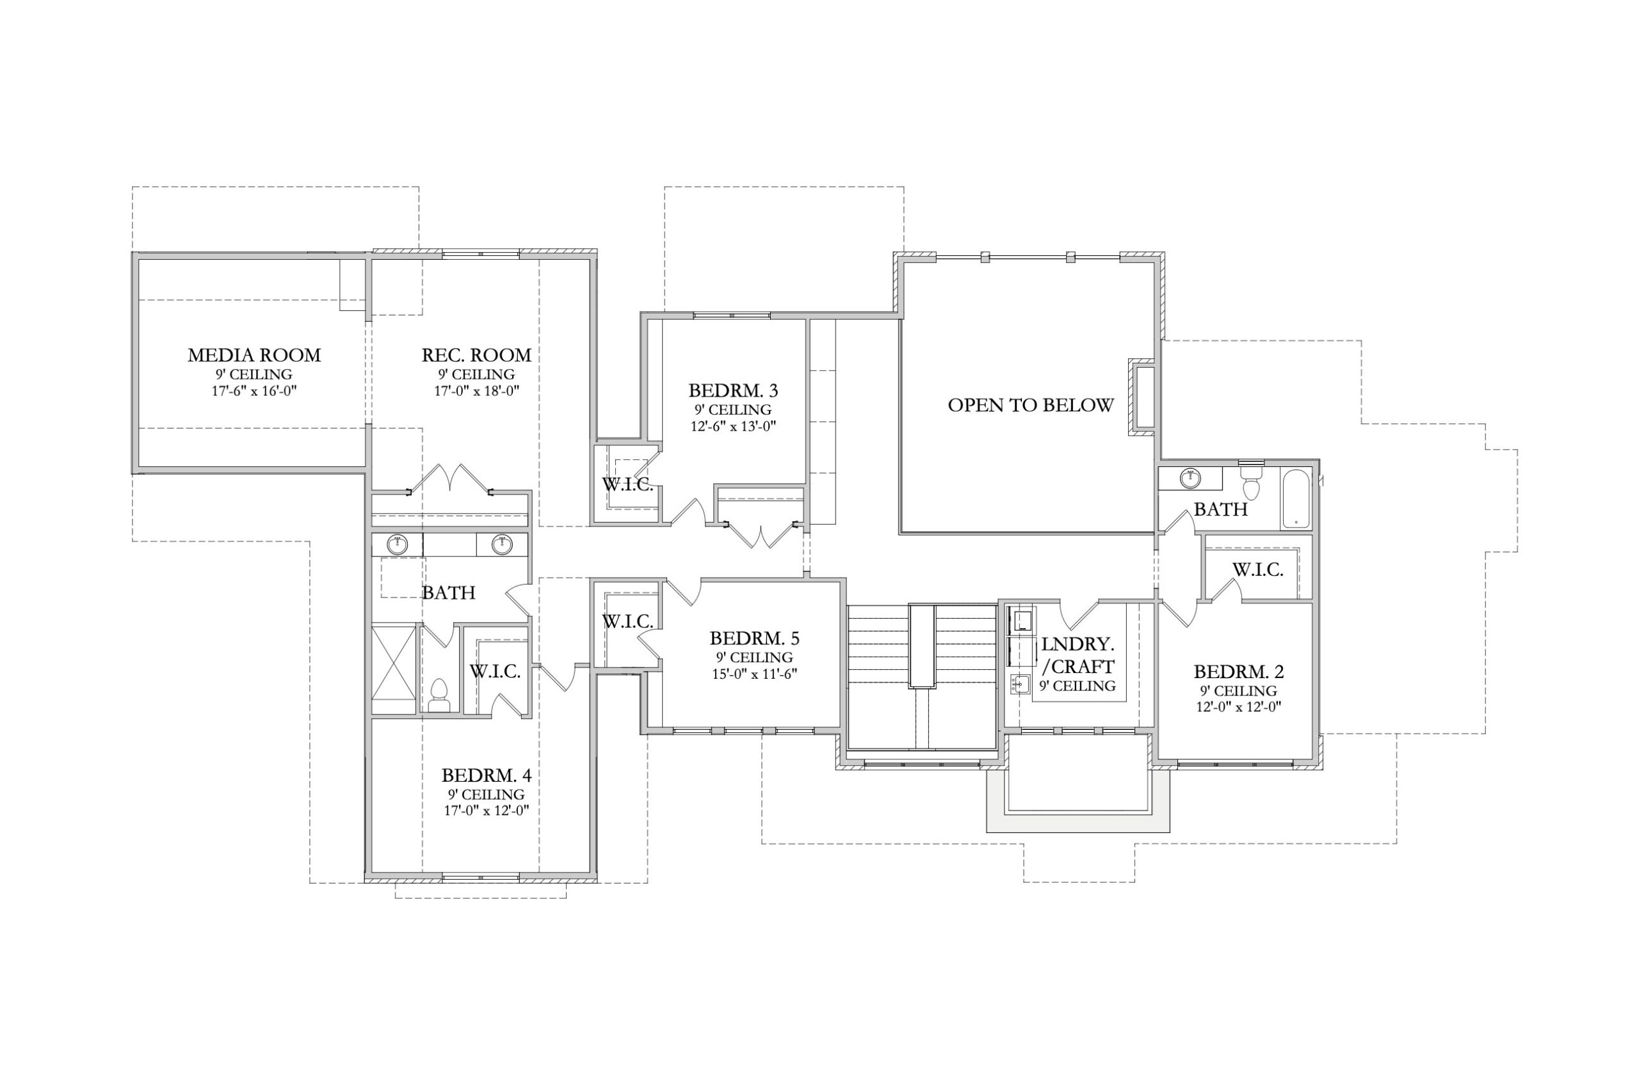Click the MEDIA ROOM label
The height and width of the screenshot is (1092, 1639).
(x=254, y=355)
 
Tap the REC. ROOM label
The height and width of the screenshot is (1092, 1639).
(x=476, y=355)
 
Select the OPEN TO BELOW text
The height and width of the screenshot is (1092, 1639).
(x=1031, y=406)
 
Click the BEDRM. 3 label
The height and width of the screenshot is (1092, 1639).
(x=733, y=390)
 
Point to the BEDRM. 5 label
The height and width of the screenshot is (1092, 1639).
(x=755, y=638)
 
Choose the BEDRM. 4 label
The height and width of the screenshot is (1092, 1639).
(x=487, y=775)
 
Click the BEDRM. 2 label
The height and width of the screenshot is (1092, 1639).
(x=1239, y=672)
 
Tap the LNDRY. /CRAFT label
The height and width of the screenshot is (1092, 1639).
(x=1078, y=655)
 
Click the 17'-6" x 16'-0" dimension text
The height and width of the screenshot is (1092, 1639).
(x=254, y=391)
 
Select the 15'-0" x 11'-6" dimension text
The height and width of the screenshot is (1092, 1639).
(x=755, y=674)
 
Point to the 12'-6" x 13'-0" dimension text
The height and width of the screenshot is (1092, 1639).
(x=733, y=425)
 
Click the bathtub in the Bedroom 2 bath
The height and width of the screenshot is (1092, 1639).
(x=1296, y=498)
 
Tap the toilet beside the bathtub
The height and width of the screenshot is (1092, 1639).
(x=1252, y=482)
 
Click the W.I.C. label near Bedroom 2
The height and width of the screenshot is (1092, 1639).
(x=1258, y=570)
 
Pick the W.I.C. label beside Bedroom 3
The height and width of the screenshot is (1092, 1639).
(x=628, y=485)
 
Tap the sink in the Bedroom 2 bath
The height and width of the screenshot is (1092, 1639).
(x=1190, y=479)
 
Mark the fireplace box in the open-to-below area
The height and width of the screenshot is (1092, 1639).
(x=1143, y=398)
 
